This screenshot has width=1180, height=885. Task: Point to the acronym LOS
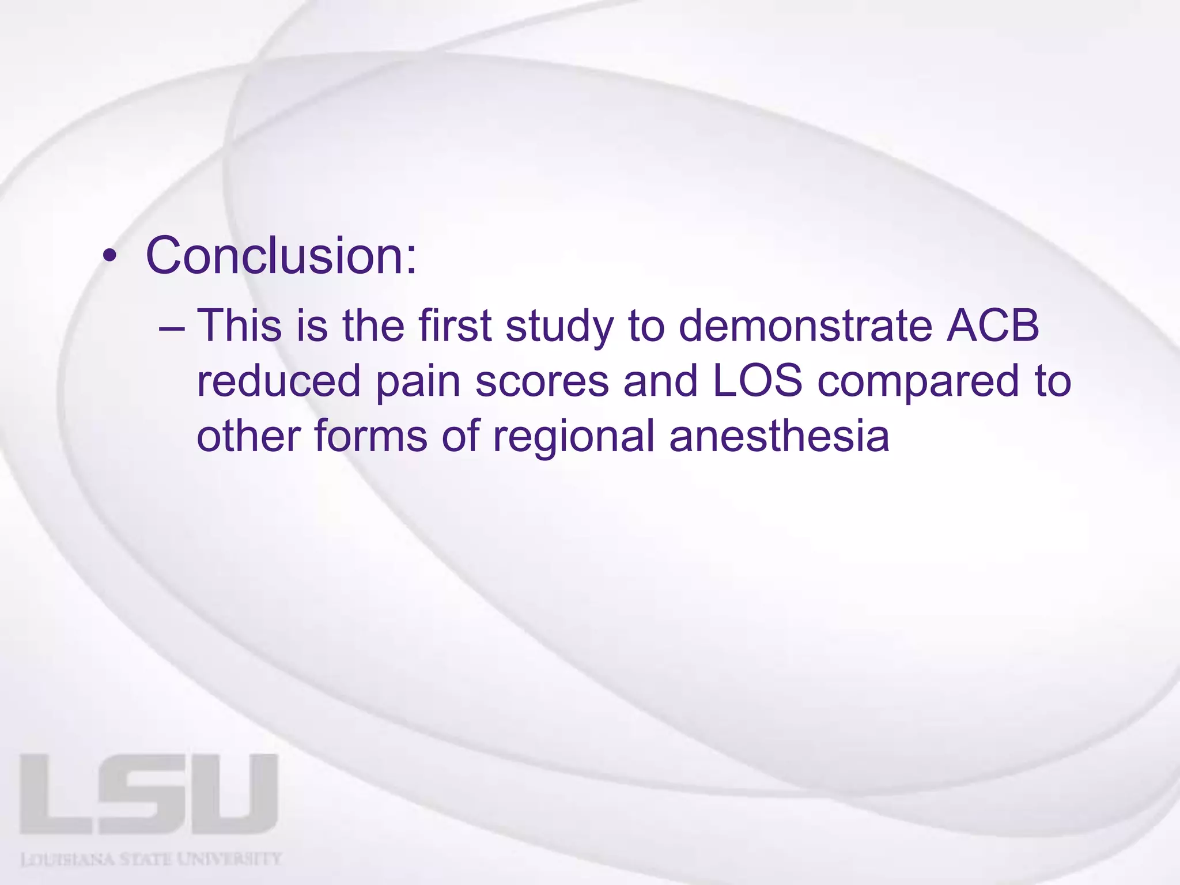tap(758, 381)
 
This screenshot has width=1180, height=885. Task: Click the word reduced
tap(278, 381)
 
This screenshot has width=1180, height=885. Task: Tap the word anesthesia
tap(779, 437)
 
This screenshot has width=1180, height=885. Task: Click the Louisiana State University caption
tap(151, 860)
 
